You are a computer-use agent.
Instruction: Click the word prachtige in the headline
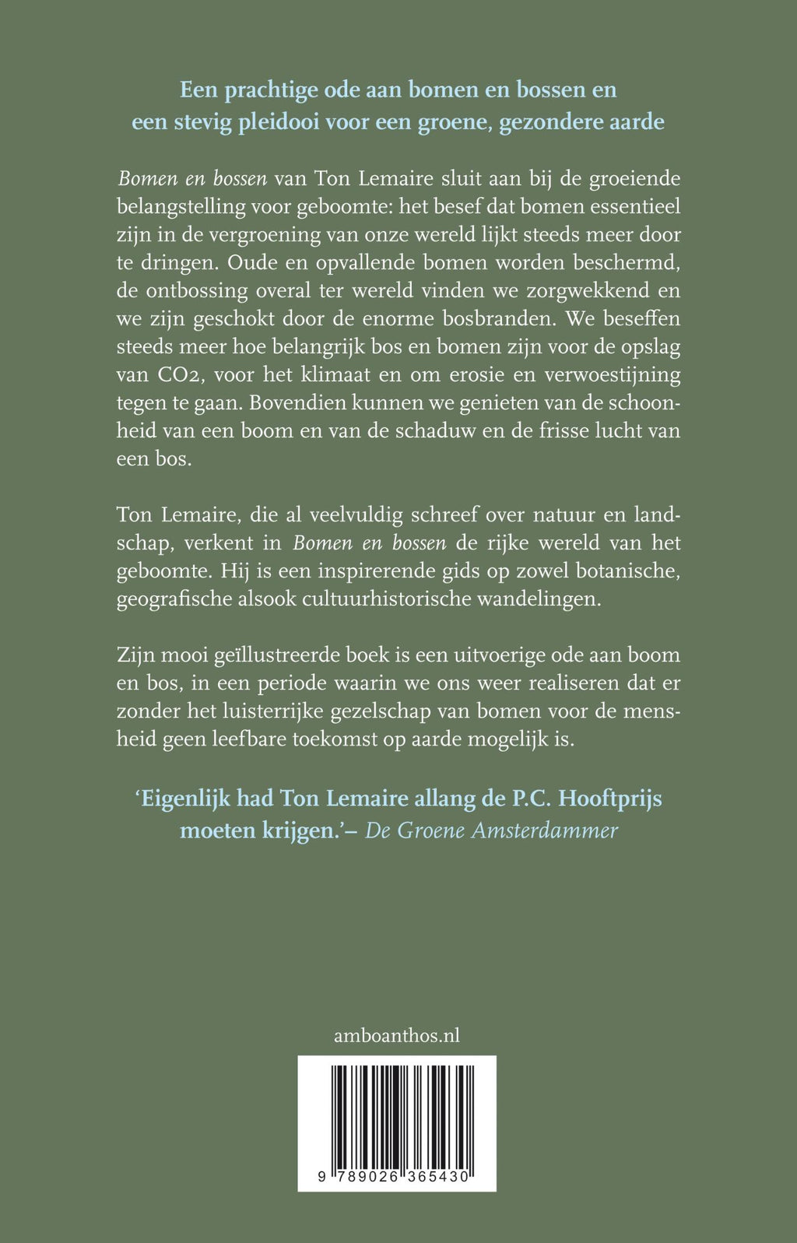[271, 90]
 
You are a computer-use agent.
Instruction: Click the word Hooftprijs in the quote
[610, 799]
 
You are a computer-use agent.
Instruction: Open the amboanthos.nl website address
[397, 1035]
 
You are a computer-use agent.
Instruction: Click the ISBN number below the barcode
[394, 1177]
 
